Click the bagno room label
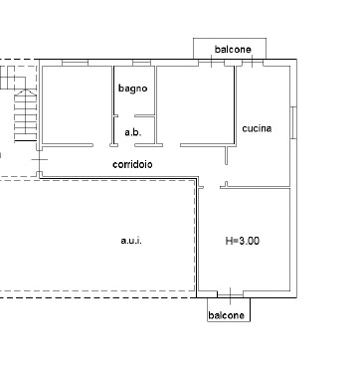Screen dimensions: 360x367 [x=133, y=89]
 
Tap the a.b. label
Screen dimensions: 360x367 [x=133, y=132]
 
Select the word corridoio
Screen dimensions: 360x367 [x=132, y=164]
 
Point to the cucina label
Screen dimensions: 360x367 [x=257, y=128]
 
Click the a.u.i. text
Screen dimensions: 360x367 [x=131, y=241]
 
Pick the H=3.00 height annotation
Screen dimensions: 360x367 [x=243, y=241]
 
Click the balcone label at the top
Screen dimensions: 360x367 [x=233, y=50]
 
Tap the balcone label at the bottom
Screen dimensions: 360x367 [x=227, y=315]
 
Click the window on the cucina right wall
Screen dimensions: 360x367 [x=293, y=122]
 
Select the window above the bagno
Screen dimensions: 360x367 [x=141, y=63]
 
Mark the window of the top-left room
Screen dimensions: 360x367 [x=75, y=63]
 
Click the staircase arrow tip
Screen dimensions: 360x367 [x=26, y=90]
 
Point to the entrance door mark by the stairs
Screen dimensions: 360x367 [x=40, y=159]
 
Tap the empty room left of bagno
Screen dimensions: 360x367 [x=77, y=105]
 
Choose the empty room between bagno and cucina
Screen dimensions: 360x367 [x=195, y=105]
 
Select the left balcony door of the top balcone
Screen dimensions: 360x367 [x=212, y=63]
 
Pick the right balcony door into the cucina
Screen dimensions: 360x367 [x=253, y=63]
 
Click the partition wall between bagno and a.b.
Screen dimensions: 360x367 [x=145, y=116]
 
